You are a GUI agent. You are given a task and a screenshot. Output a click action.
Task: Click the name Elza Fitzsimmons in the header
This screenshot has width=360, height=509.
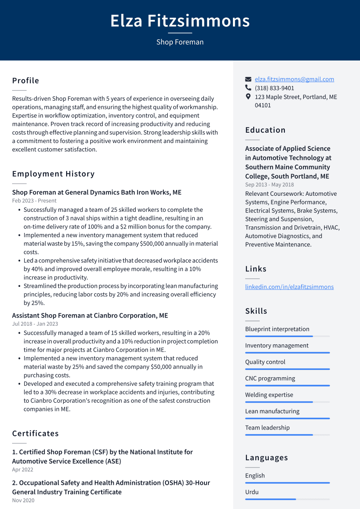pyautogui.click(x=180, y=21)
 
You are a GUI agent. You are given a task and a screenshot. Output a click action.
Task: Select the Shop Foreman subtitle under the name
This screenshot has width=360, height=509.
pyautogui.click(x=180, y=42)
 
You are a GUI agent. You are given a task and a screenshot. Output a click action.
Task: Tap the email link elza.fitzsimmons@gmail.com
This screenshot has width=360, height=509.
pyautogui.click(x=294, y=79)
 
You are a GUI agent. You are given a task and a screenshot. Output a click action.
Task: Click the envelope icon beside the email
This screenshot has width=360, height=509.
pyautogui.click(x=248, y=79)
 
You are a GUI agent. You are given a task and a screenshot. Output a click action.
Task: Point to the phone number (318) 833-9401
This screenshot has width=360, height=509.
pyautogui.click(x=274, y=88)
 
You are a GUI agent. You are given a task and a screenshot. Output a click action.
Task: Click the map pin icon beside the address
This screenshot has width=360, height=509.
pyautogui.click(x=248, y=96)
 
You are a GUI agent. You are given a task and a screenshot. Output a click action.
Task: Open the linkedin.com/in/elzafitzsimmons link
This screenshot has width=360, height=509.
pyautogui.click(x=289, y=286)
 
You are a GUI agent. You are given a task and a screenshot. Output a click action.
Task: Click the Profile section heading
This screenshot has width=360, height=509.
pyautogui.click(x=25, y=81)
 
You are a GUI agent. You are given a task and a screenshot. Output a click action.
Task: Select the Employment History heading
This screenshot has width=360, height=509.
pyautogui.click(x=53, y=174)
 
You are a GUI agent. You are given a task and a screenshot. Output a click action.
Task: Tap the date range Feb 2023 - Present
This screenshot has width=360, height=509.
pyautogui.click(x=34, y=200)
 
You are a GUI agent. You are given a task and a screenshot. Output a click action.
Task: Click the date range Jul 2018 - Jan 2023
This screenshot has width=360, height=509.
pyautogui.click(x=35, y=324)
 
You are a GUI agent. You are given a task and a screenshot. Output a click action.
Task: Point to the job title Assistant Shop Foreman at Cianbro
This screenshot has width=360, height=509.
pyautogui.click(x=90, y=315)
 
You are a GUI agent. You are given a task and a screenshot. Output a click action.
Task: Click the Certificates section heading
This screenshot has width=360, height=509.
pyautogui.click(x=35, y=433)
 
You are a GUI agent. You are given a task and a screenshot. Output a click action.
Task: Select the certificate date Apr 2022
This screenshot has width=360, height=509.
pyautogui.click(x=22, y=470)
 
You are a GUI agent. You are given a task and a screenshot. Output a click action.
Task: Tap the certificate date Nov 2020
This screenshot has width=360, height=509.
pyautogui.click(x=23, y=500)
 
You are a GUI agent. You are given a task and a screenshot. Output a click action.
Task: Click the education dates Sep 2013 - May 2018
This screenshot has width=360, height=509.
pyautogui.click(x=269, y=185)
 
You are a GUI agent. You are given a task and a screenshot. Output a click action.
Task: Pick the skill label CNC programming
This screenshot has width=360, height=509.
pyautogui.click(x=270, y=378)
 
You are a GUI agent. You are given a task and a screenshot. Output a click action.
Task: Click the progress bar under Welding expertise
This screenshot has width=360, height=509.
pyautogui.click(x=287, y=402)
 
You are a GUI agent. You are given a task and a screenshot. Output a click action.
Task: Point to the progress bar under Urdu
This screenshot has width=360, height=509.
pyautogui.click(x=287, y=499)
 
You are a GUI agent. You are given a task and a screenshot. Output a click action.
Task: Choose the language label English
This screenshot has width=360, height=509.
pyautogui.click(x=255, y=475)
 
